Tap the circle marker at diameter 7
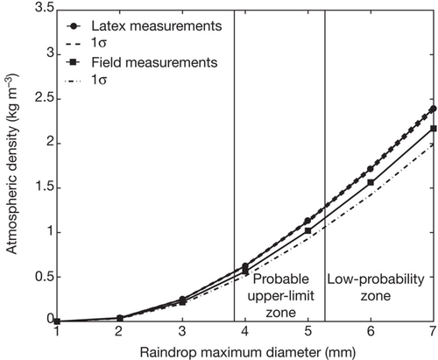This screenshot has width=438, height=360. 434,109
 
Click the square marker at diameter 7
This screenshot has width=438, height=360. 434,129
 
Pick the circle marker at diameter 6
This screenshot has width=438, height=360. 371,169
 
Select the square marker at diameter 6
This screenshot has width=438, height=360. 371,182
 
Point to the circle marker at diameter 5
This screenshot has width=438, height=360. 307,221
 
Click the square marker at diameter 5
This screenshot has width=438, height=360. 307,230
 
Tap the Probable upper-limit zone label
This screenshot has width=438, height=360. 280,296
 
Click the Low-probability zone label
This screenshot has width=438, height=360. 376,287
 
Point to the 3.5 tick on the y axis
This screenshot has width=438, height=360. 44,7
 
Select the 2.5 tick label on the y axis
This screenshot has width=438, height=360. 44,98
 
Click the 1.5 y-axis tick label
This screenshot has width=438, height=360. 44,187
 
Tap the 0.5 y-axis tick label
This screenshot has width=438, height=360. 44,277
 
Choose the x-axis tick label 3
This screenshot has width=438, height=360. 182,332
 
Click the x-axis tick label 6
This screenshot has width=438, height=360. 371,332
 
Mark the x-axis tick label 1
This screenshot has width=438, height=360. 57,332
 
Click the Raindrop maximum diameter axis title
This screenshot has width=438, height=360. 248,352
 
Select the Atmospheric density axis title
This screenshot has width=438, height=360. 11,164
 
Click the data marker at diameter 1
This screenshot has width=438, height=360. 57,321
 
